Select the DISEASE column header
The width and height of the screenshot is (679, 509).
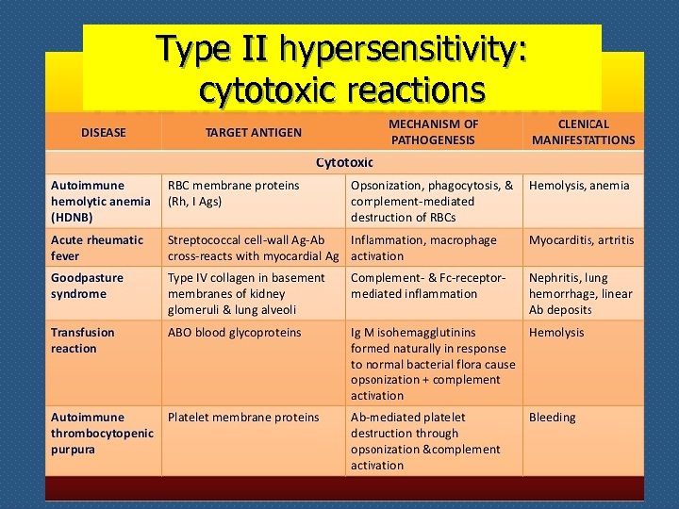pos(104,133)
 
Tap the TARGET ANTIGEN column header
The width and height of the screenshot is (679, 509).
pos(254,133)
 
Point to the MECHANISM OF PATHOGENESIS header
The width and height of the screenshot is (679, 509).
pos(433,132)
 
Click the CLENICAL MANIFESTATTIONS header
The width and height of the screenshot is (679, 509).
pos(583,132)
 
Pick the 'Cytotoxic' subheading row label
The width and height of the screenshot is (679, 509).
pos(344,163)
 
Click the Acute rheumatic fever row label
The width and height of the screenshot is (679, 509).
pos(96,248)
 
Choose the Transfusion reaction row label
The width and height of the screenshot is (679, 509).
pos(82,340)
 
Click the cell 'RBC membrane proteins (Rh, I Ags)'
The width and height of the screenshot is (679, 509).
pos(233,193)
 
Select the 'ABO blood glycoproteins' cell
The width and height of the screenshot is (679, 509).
pos(234,333)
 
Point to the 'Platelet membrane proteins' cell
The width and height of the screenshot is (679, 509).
pos(243,418)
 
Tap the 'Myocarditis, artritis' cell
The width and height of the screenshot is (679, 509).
pos(581,240)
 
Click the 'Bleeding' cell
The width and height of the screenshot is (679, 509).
pos(552,418)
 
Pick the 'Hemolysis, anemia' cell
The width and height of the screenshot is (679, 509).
pos(578,186)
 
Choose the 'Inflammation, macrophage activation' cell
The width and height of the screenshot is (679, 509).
pos(423,248)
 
